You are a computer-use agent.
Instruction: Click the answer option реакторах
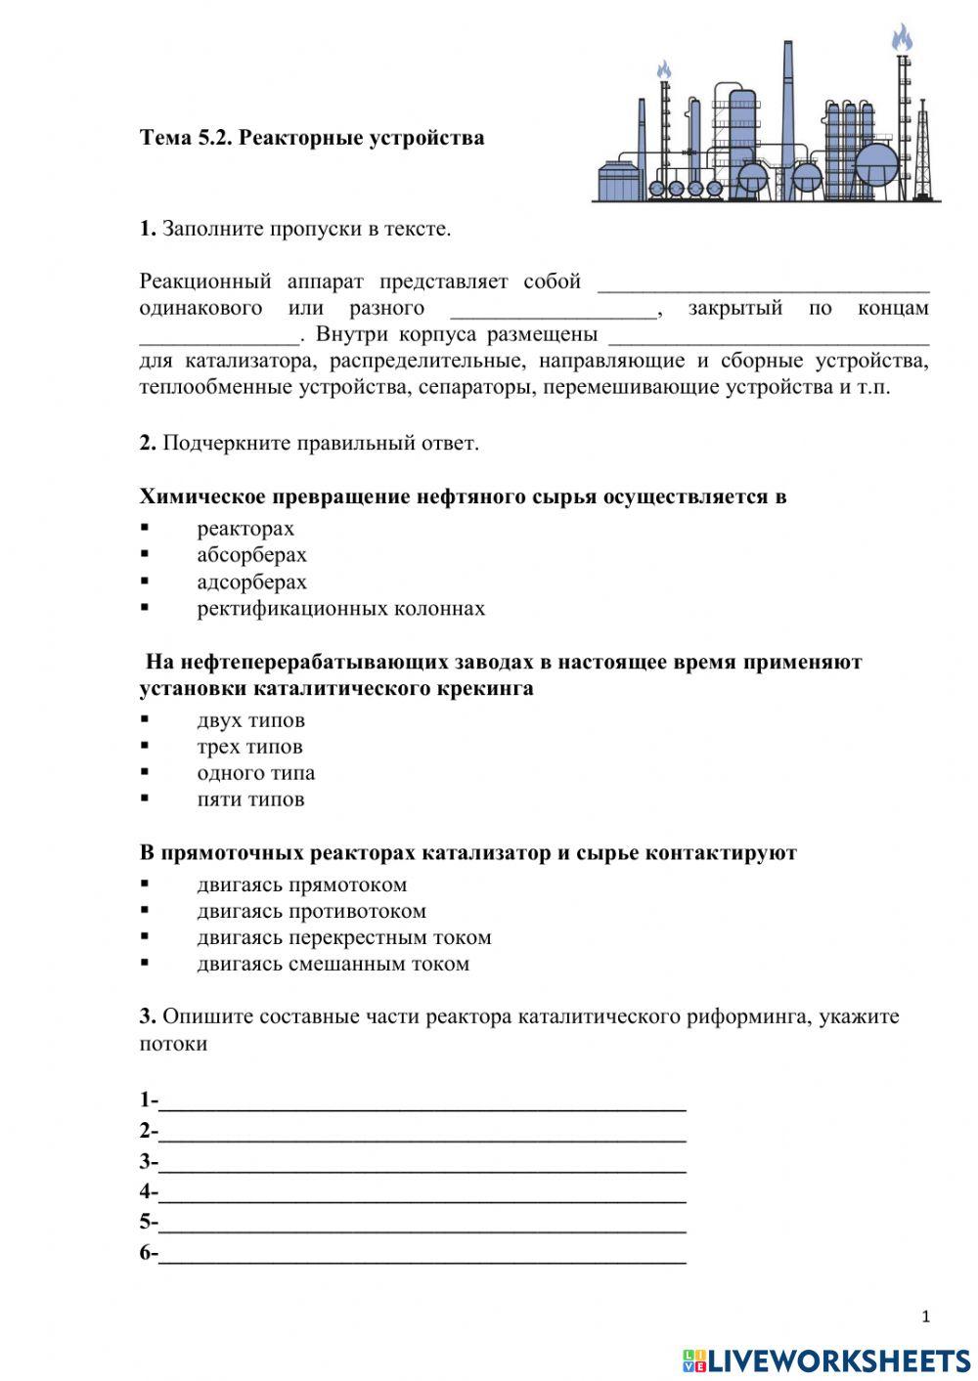pyautogui.click(x=245, y=529)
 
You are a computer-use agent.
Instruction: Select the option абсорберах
pyautogui.click(x=251, y=555)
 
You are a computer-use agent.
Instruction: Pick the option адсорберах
pyautogui.click(x=251, y=583)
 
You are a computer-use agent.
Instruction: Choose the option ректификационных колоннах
pyautogui.click(x=340, y=609)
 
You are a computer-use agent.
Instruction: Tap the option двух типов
pyautogui.click(x=250, y=720)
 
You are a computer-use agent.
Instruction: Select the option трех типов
pyautogui.click(x=249, y=747)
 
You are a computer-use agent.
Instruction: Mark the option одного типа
pyautogui.click(x=255, y=773)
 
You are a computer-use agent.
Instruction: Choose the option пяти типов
pyautogui.click(x=250, y=799)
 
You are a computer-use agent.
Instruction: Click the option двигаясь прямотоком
pyautogui.click(x=301, y=885)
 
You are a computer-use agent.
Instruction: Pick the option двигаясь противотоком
pyautogui.click(x=311, y=911)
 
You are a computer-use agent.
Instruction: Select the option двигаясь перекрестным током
pyautogui.click(x=343, y=937)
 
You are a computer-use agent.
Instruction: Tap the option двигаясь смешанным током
pyautogui.click(x=333, y=964)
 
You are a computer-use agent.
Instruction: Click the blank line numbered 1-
pyautogui.click(x=422, y=1102)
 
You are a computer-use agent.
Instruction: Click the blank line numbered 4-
pyautogui.click(x=422, y=1193)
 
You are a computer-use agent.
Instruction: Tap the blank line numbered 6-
pyautogui.click(x=422, y=1254)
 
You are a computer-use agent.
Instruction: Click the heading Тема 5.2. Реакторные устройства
pyautogui.click(x=312, y=138)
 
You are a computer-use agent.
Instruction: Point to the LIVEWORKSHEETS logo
pyautogui.click(x=826, y=1359)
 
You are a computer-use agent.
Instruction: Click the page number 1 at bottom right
pyautogui.click(x=926, y=1316)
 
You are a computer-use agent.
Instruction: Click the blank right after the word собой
pyautogui.click(x=763, y=283)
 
